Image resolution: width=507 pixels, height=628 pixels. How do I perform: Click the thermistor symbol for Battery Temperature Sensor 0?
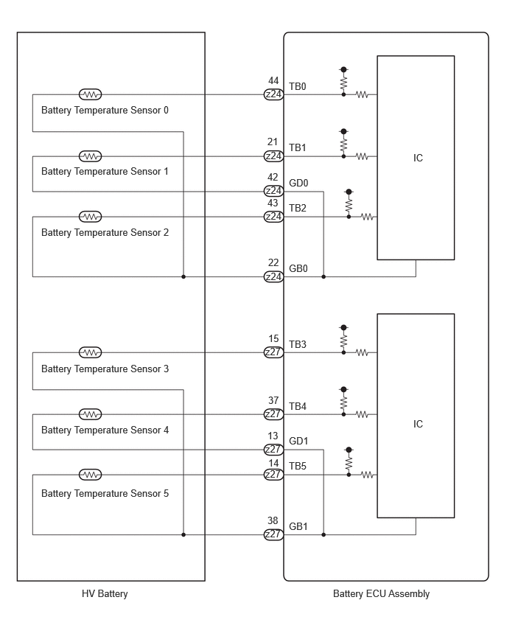pos(91,94)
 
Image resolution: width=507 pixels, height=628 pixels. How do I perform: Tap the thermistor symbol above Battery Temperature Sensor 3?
pos(91,352)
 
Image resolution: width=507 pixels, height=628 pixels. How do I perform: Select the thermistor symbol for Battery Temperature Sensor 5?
pos(91,475)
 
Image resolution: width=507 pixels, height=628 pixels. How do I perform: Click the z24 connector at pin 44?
pos(273,94)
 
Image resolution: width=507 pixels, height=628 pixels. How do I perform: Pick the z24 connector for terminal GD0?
pos(273,191)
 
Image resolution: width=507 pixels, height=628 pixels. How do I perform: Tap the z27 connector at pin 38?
pos(273,534)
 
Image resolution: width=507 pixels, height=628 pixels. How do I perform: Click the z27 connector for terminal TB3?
pos(273,352)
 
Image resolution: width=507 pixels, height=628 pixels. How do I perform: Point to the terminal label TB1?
pos(298,148)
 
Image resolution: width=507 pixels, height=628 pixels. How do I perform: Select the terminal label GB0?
pos(298,268)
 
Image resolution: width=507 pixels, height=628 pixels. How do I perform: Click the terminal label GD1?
pos(298,441)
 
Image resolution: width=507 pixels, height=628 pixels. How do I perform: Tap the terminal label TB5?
pos(298,466)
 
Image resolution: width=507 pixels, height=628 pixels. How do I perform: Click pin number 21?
pos(273,142)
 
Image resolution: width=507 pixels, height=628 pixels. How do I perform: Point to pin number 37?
pos(273,400)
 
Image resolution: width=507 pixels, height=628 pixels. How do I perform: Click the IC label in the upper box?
pos(418,158)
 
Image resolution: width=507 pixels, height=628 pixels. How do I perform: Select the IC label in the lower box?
pos(418,424)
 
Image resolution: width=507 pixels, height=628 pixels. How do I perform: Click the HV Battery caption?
pos(105,593)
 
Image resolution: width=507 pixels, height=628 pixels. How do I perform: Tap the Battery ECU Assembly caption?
pos(381,593)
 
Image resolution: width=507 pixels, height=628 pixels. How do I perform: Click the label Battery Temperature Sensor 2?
pos(105,233)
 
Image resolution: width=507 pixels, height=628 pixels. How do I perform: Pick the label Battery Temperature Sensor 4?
pos(105,430)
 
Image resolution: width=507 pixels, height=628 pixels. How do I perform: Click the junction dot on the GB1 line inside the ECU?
pos(324,534)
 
